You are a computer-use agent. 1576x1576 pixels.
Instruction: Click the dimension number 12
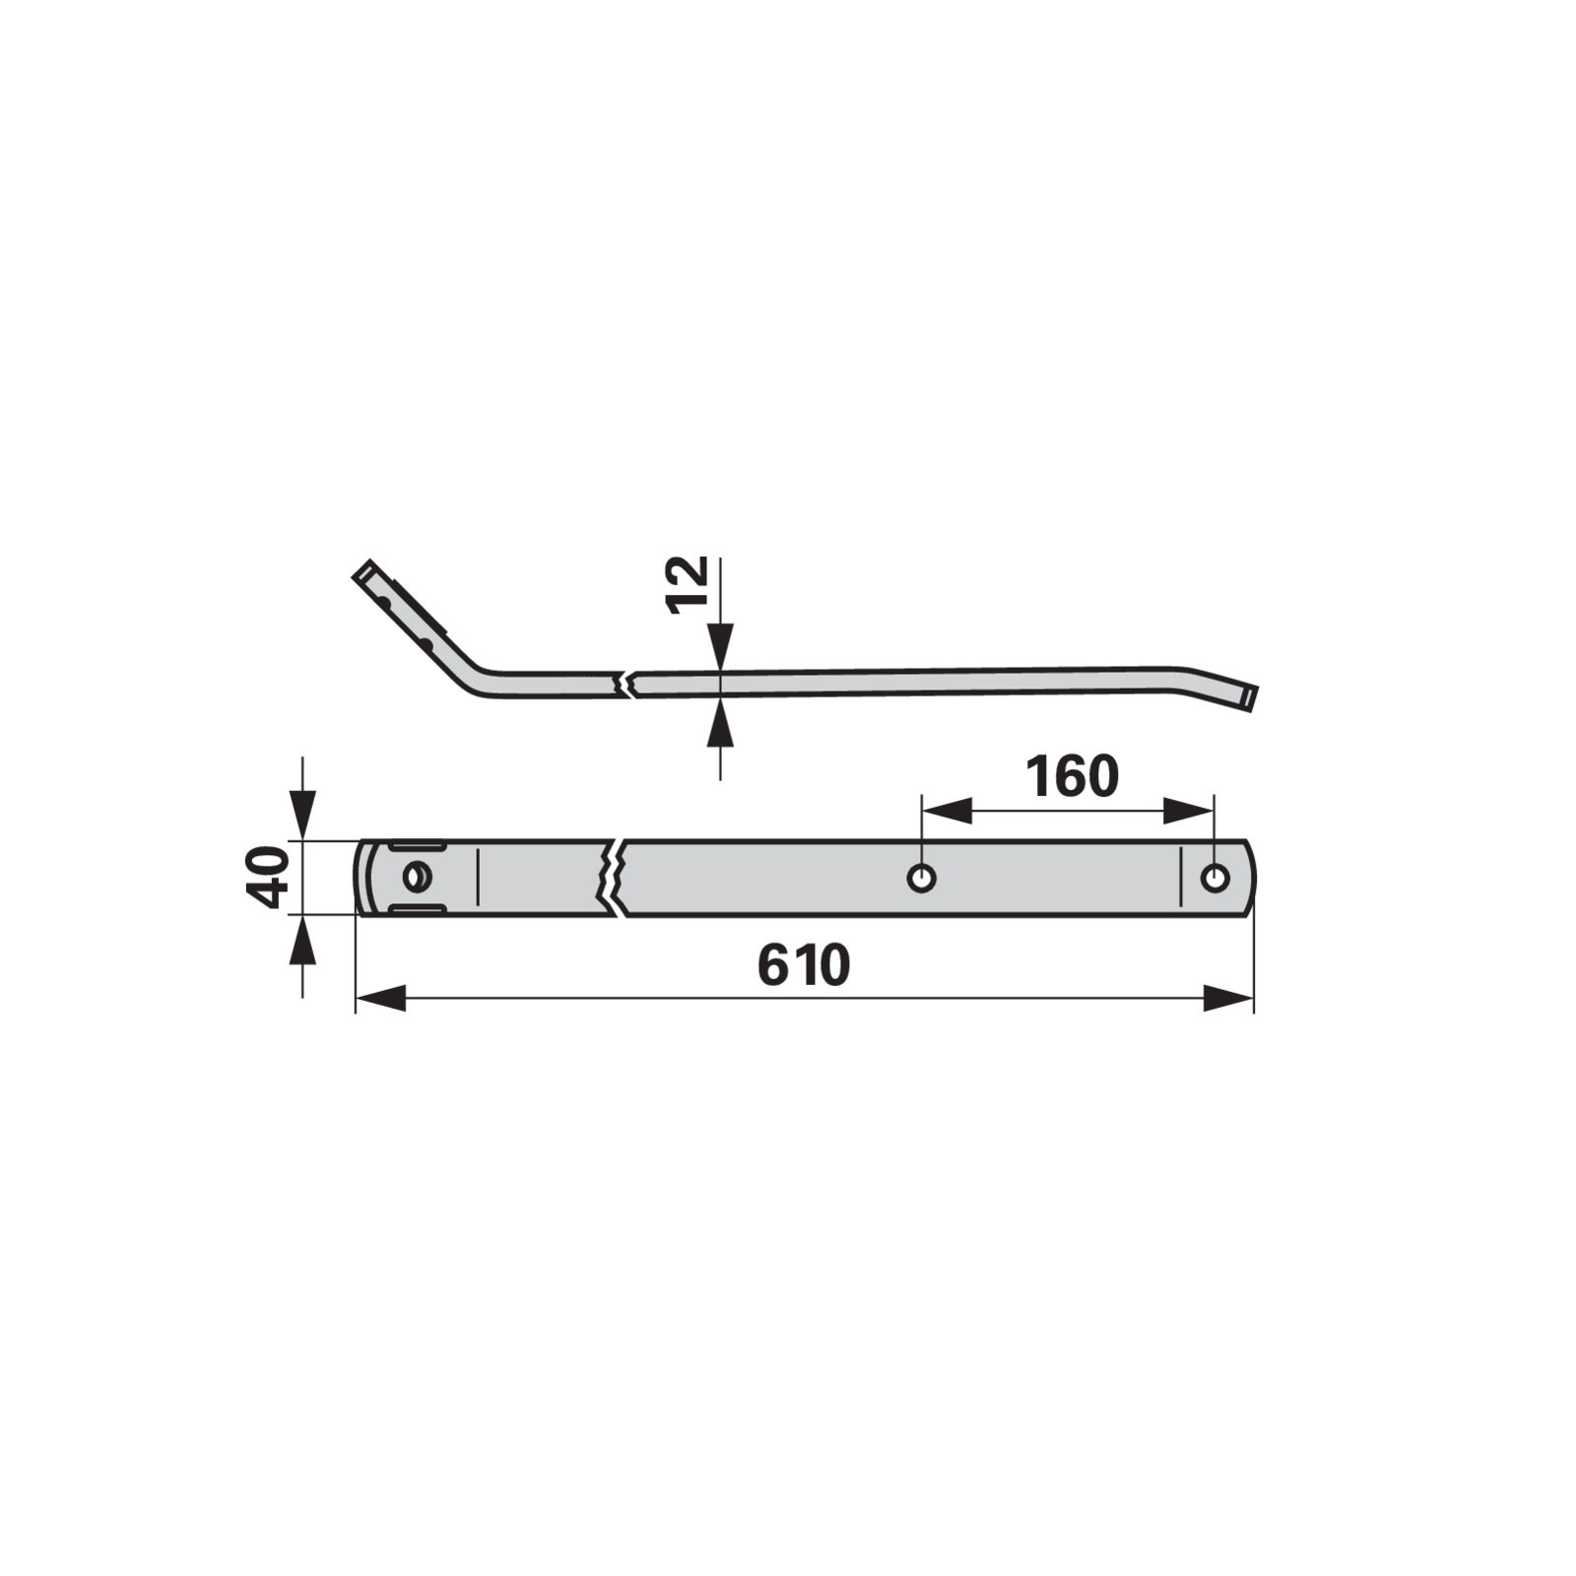coord(688,585)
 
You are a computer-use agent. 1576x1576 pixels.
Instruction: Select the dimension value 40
coord(267,878)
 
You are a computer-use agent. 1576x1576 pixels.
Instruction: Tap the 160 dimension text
coord(1072,777)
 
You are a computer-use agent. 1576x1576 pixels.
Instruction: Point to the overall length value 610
coord(804,965)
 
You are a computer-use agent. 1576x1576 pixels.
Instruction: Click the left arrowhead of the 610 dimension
coord(380,998)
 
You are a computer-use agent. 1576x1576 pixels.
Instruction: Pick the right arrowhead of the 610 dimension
coord(1228,998)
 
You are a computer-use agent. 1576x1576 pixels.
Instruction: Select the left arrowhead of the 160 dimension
coord(947,812)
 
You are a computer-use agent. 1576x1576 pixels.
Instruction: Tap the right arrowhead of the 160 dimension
coord(1189,812)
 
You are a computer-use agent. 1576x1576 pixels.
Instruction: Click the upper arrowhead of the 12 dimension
coord(721,646)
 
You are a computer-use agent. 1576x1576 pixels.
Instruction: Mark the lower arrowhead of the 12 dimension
coord(721,722)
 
